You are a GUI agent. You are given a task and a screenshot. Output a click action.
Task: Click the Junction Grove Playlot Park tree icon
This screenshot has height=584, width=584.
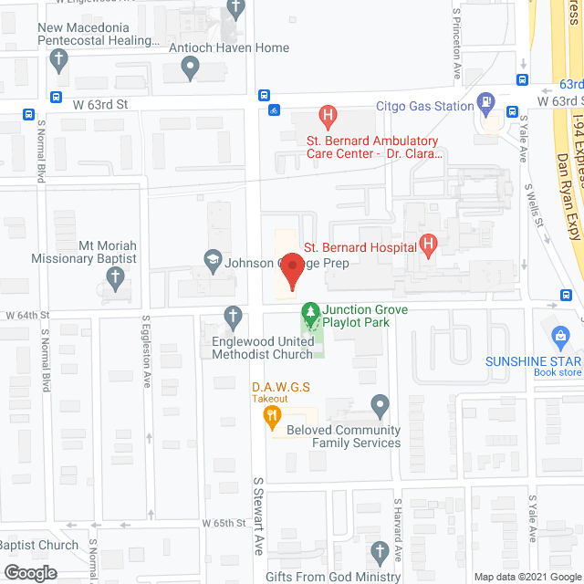coord(310,314)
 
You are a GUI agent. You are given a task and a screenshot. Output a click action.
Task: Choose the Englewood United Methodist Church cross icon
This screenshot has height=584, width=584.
coord(234,315)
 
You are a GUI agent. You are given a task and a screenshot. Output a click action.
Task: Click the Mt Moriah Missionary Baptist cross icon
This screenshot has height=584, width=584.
coord(115,280)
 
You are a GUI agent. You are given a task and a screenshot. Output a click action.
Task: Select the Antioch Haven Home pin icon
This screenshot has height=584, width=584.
coord(191,66)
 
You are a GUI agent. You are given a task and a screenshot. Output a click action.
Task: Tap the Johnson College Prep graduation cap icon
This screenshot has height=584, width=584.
coord(213,261)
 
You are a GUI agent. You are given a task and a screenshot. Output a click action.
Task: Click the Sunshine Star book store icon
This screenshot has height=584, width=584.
coord(561,336)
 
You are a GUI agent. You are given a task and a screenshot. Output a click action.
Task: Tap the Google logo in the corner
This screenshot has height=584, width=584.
coord(29,573)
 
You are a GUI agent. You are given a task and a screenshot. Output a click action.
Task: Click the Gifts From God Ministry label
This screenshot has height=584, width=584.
coord(333,577)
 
